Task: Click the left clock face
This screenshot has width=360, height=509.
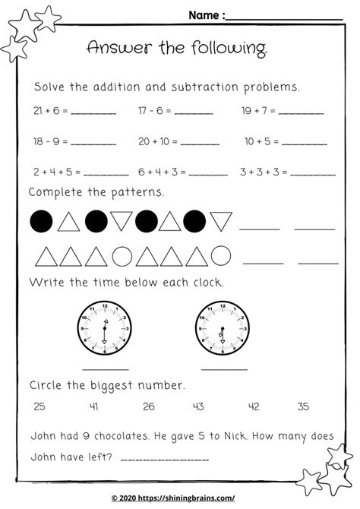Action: (x=104, y=327)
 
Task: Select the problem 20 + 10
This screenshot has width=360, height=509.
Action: (x=157, y=141)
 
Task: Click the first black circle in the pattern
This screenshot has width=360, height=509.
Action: (x=41, y=221)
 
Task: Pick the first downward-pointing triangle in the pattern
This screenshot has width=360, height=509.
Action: (x=121, y=222)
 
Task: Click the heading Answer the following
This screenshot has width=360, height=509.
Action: (x=177, y=48)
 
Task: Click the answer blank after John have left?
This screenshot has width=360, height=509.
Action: (x=158, y=459)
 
